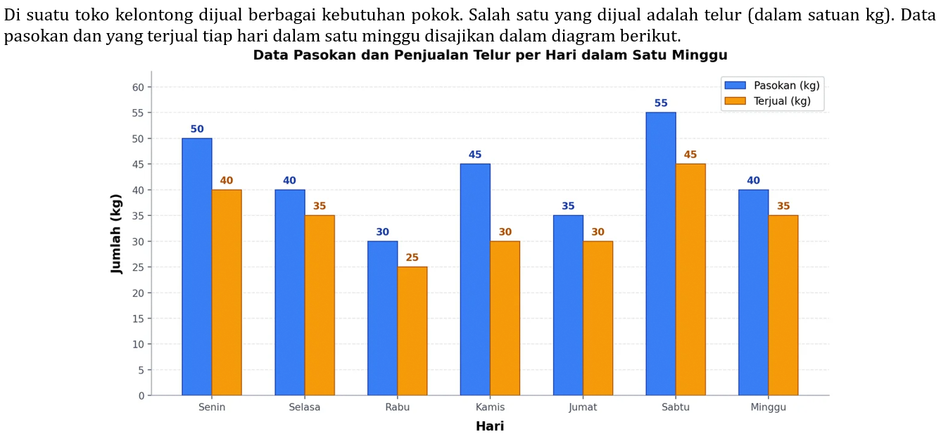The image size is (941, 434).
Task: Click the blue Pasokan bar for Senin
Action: [x=197, y=267]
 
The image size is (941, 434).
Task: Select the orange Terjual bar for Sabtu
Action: [x=690, y=279]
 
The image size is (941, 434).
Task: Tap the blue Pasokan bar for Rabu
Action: [x=382, y=318]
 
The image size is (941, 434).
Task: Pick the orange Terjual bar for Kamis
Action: [x=505, y=318]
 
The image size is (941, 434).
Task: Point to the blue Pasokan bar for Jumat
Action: [x=568, y=305]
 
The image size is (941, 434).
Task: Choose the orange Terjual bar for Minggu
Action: [x=783, y=305]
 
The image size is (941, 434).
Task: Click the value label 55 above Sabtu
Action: [x=661, y=103]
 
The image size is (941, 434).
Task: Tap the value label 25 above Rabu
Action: [x=412, y=257]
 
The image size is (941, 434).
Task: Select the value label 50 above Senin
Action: [x=197, y=129]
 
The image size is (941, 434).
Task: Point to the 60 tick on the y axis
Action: [x=137, y=87]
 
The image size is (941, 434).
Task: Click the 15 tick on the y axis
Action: [x=137, y=319]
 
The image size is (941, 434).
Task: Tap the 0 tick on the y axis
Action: [x=141, y=396]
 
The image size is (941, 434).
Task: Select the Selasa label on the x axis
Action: [x=305, y=407]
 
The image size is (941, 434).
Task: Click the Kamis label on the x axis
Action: [x=490, y=407]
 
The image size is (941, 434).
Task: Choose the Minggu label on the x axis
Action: [x=768, y=407]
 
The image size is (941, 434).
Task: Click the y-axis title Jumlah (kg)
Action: [x=117, y=234]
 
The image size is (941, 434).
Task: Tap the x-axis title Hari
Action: [x=490, y=426]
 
